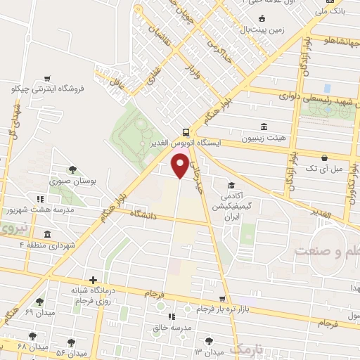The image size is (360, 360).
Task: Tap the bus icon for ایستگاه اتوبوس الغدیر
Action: click(185, 131)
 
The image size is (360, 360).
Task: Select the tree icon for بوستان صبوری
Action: click(72, 169)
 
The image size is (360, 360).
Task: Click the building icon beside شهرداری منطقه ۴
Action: click(46, 234)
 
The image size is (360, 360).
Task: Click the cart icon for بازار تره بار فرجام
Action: click(223, 299)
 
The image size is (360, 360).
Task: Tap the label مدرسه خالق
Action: click(171, 328)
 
